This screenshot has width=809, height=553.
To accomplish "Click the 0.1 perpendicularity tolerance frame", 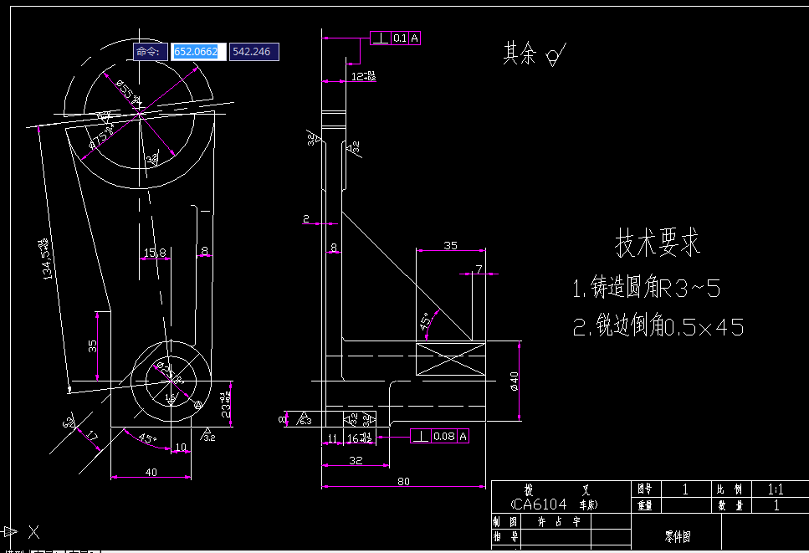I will [x=396, y=38].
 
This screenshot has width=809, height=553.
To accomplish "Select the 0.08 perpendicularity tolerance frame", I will [x=439, y=436].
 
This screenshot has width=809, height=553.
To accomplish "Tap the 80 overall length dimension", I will [x=403, y=480].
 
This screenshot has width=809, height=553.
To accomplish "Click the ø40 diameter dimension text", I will [x=514, y=381].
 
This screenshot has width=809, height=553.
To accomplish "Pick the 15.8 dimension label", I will [x=155, y=252].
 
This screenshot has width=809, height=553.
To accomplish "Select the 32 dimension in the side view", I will [x=356, y=460].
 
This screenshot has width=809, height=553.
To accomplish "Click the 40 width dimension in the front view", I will [x=151, y=472].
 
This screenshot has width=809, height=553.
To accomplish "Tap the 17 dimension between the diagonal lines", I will [x=92, y=436].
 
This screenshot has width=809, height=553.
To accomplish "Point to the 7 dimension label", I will [x=479, y=269].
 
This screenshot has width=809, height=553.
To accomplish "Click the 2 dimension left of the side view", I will [x=306, y=219].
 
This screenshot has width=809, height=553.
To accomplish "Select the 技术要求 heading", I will [x=658, y=243].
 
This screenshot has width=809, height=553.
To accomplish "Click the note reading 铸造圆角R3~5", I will [x=646, y=289].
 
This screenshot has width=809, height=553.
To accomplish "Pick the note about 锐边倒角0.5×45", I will [x=658, y=326].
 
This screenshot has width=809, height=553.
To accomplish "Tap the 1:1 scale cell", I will [x=776, y=489].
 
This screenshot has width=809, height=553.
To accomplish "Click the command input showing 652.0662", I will [x=195, y=52].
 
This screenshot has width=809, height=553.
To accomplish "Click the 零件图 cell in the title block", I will [x=678, y=536].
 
